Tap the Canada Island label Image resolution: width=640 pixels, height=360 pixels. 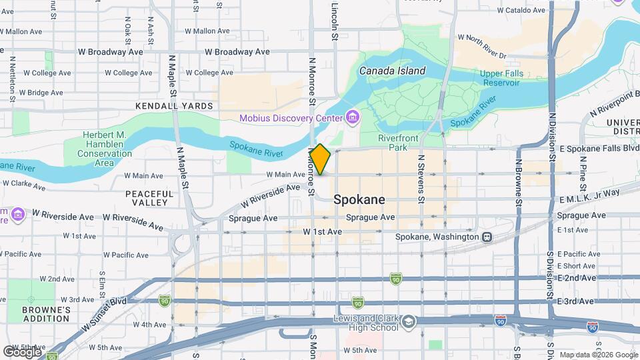click(x=392, y=70)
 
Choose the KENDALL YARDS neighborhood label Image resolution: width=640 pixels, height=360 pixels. click(x=174, y=106)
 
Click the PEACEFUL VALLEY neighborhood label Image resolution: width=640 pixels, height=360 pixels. click(x=149, y=198)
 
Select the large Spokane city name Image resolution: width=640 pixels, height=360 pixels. click(x=359, y=199)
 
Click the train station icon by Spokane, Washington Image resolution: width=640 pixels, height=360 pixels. click(x=487, y=237)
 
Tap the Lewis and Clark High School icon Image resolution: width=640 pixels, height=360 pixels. click(x=407, y=324)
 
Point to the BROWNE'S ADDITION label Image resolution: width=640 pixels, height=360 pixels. click(x=46, y=315)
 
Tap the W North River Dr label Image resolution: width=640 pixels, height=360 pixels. click(x=486, y=47)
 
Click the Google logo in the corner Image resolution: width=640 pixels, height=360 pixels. click(x=23, y=351)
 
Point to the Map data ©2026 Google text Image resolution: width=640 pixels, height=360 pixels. click(x=599, y=355)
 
